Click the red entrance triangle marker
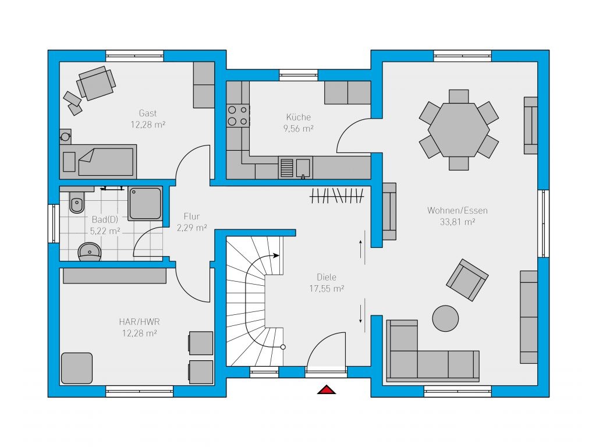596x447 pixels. pyautogui.click(x=327, y=389)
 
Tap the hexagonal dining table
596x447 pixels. pyautogui.click(x=459, y=130)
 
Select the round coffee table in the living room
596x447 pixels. pyautogui.click(x=445, y=318)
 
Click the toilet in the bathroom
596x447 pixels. pyautogui.click(x=77, y=201)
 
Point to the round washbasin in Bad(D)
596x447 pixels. pyautogui.click(x=90, y=251)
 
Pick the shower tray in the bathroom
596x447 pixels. pyautogui.click(x=145, y=203)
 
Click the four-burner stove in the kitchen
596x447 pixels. pyautogui.click(x=238, y=116)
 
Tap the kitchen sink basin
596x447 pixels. pyautogui.click(x=303, y=168)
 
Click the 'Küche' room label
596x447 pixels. pyautogui.click(x=299, y=117)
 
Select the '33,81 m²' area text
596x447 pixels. pyautogui.click(x=457, y=222)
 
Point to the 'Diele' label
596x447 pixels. pyautogui.click(x=327, y=277)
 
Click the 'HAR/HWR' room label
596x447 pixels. pyautogui.click(x=139, y=321)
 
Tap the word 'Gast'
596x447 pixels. pyautogui.click(x=148, y=113)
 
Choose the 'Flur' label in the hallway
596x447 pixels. pyautogui.click(x=191, y=217)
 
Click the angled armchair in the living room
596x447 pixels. pyautogui.click(x=467, y=280)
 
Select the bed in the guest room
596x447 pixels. pyautogui.click(x=98, y=162)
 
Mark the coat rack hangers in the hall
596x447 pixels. pyautogui.click(x=337, y=196)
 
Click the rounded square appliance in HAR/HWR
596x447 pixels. pyautogui.click(x=77, y=368)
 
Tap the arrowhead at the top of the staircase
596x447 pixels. pyautogui.click(x=276, y=256)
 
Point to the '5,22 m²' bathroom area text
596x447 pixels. pyautogui.click(x=105, y=230)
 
